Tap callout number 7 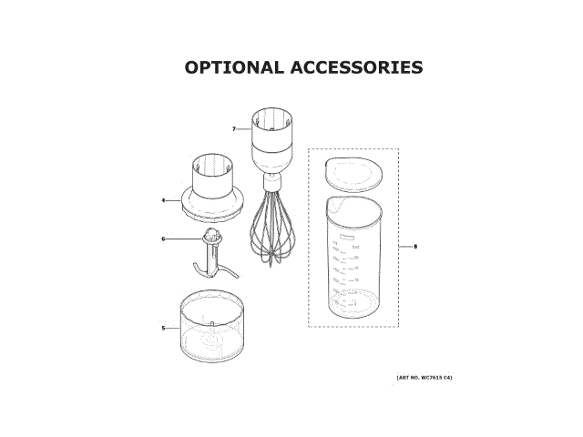[x=234, y=129]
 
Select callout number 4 [x=163, y=200]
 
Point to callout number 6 [x=163, y=239]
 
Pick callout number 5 [x=163, y=328]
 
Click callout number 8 [x=415, y=247]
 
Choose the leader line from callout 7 [x=243, y=129]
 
